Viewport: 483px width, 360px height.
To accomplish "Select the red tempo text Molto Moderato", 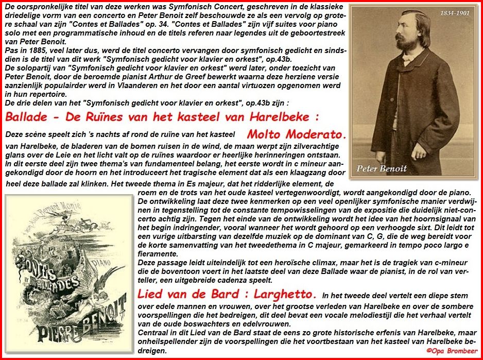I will (x=297, y=134).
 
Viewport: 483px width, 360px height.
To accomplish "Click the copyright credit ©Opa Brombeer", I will (x=450, y=350).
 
